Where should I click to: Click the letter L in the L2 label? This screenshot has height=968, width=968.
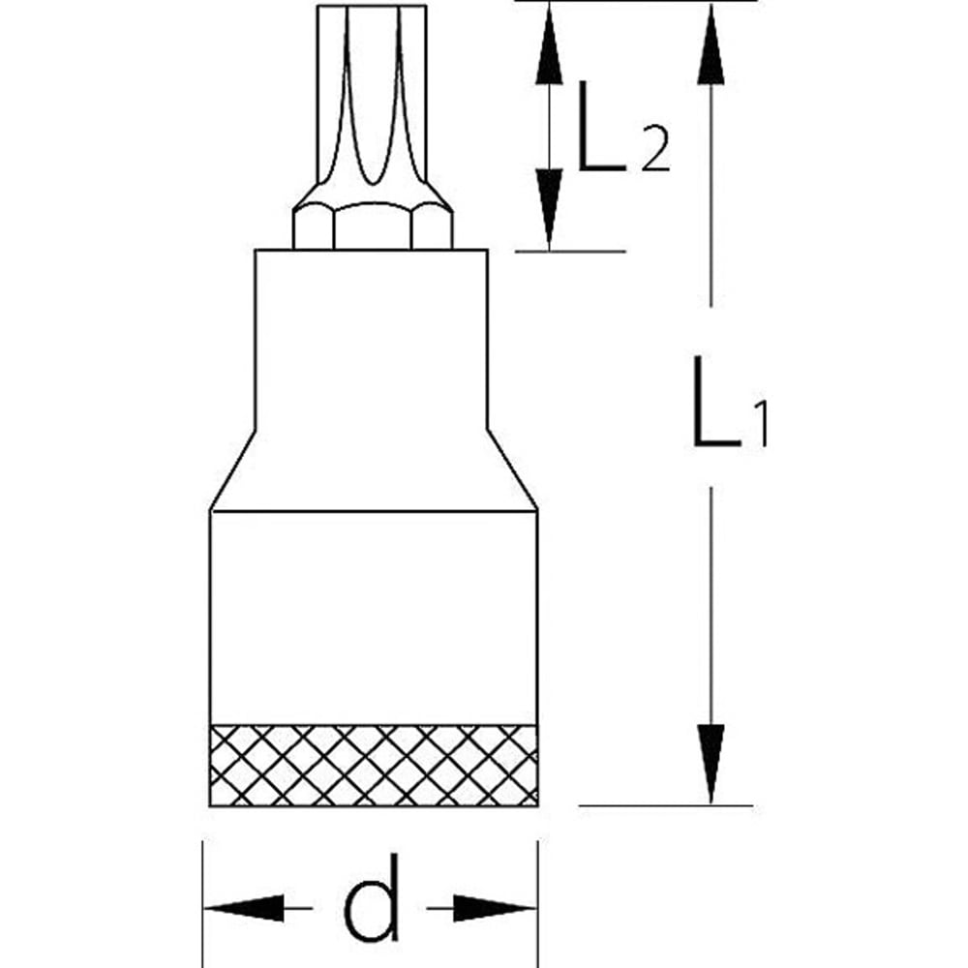[x=600, y=126]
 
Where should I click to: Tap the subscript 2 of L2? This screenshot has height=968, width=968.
[x=654, y=152]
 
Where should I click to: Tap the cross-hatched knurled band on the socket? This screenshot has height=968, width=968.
[x=374, y=765]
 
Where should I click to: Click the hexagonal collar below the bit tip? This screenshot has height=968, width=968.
[x=373, y=226]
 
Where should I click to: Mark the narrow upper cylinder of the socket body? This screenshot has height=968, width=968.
[x=372, y=339]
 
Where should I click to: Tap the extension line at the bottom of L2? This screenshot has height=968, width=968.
[x=571, y=252]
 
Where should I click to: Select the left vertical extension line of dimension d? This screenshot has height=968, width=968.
[x=202, y=891]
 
